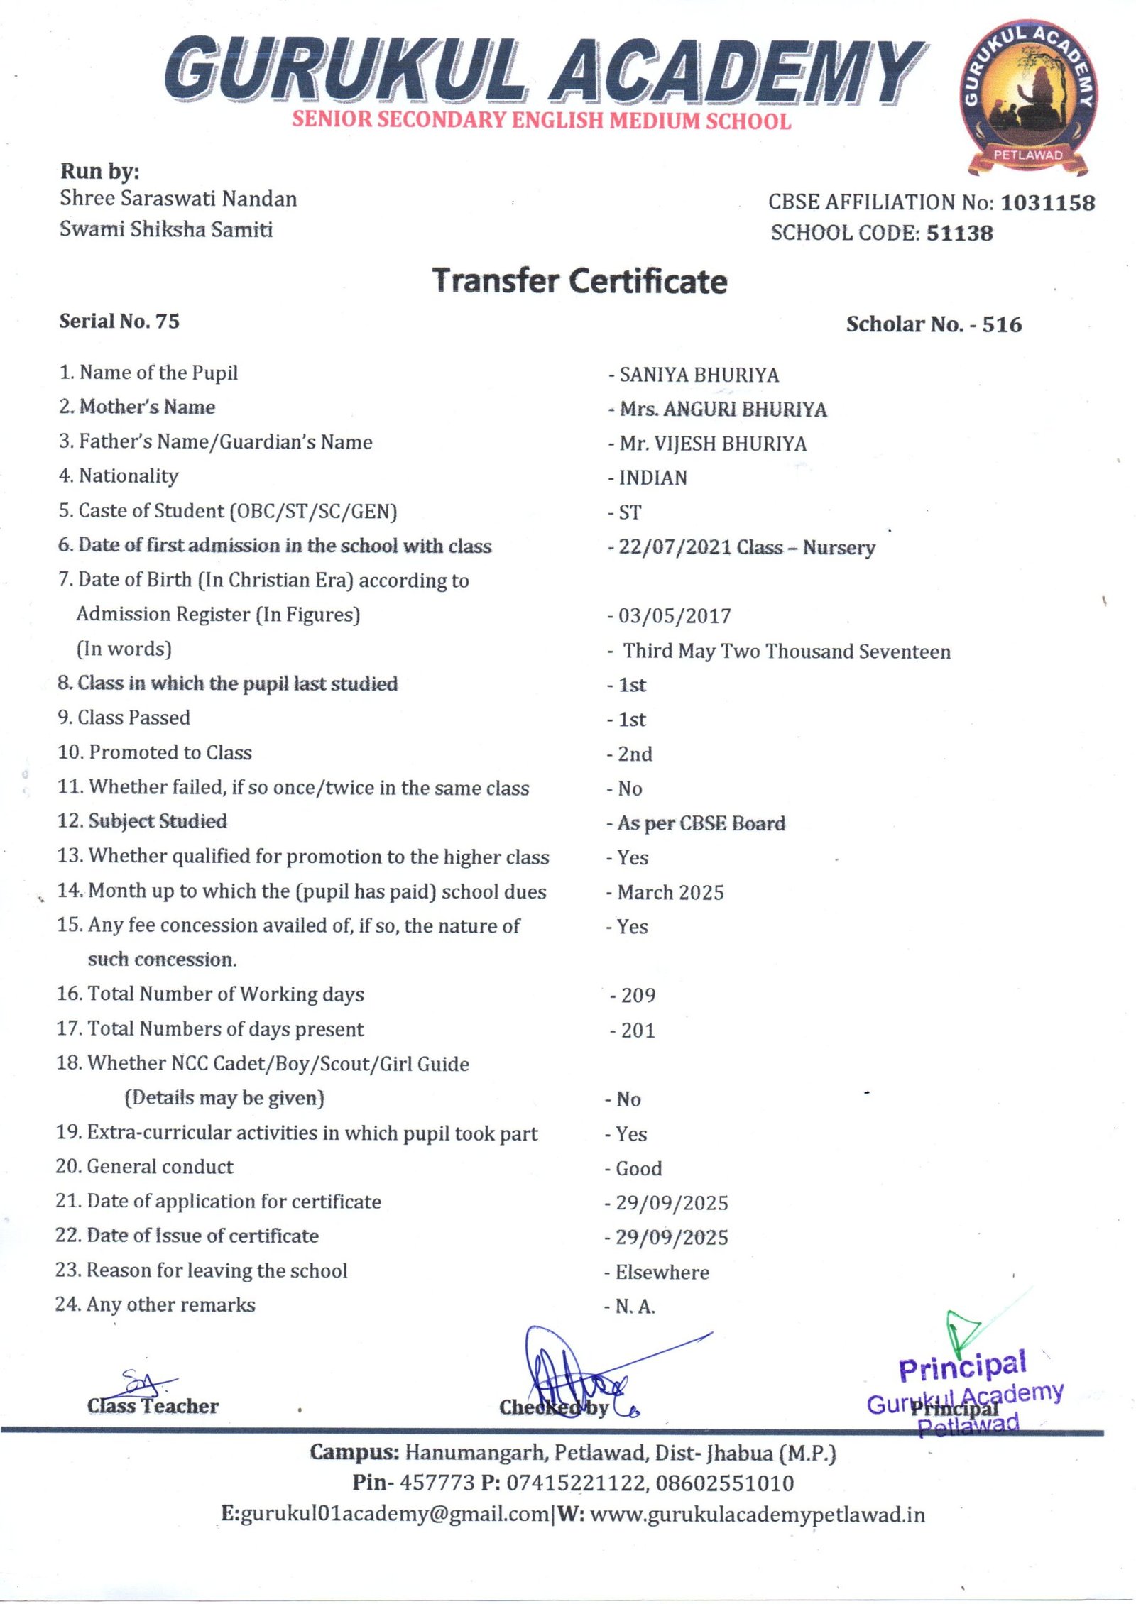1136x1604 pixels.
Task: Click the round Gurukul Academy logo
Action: coord(1029,100)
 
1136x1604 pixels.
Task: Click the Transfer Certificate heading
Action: coord(580,281)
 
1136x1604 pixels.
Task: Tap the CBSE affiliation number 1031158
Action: coord(1047,203)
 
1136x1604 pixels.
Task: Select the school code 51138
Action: coord(959,233)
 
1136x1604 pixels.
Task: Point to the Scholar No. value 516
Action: coord(1002,324)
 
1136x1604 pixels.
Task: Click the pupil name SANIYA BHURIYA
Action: coord(699,375)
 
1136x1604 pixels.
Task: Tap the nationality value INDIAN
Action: coord(652,478)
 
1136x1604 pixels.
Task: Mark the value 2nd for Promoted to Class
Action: coord(635,754)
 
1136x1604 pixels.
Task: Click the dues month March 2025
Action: coord(670,892)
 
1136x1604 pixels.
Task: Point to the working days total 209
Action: coord(638,995)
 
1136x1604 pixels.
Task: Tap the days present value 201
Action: coord(638,1030)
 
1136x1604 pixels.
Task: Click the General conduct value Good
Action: coord(638,1168)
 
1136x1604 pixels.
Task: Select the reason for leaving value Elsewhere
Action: coord(662,1272)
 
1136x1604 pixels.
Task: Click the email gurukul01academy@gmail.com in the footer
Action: coord(395,1514)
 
